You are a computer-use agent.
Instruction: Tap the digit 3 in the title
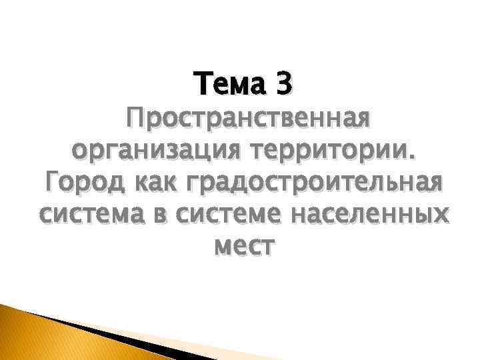click(283, 84)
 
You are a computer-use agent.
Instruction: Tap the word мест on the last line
click(242, 247)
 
